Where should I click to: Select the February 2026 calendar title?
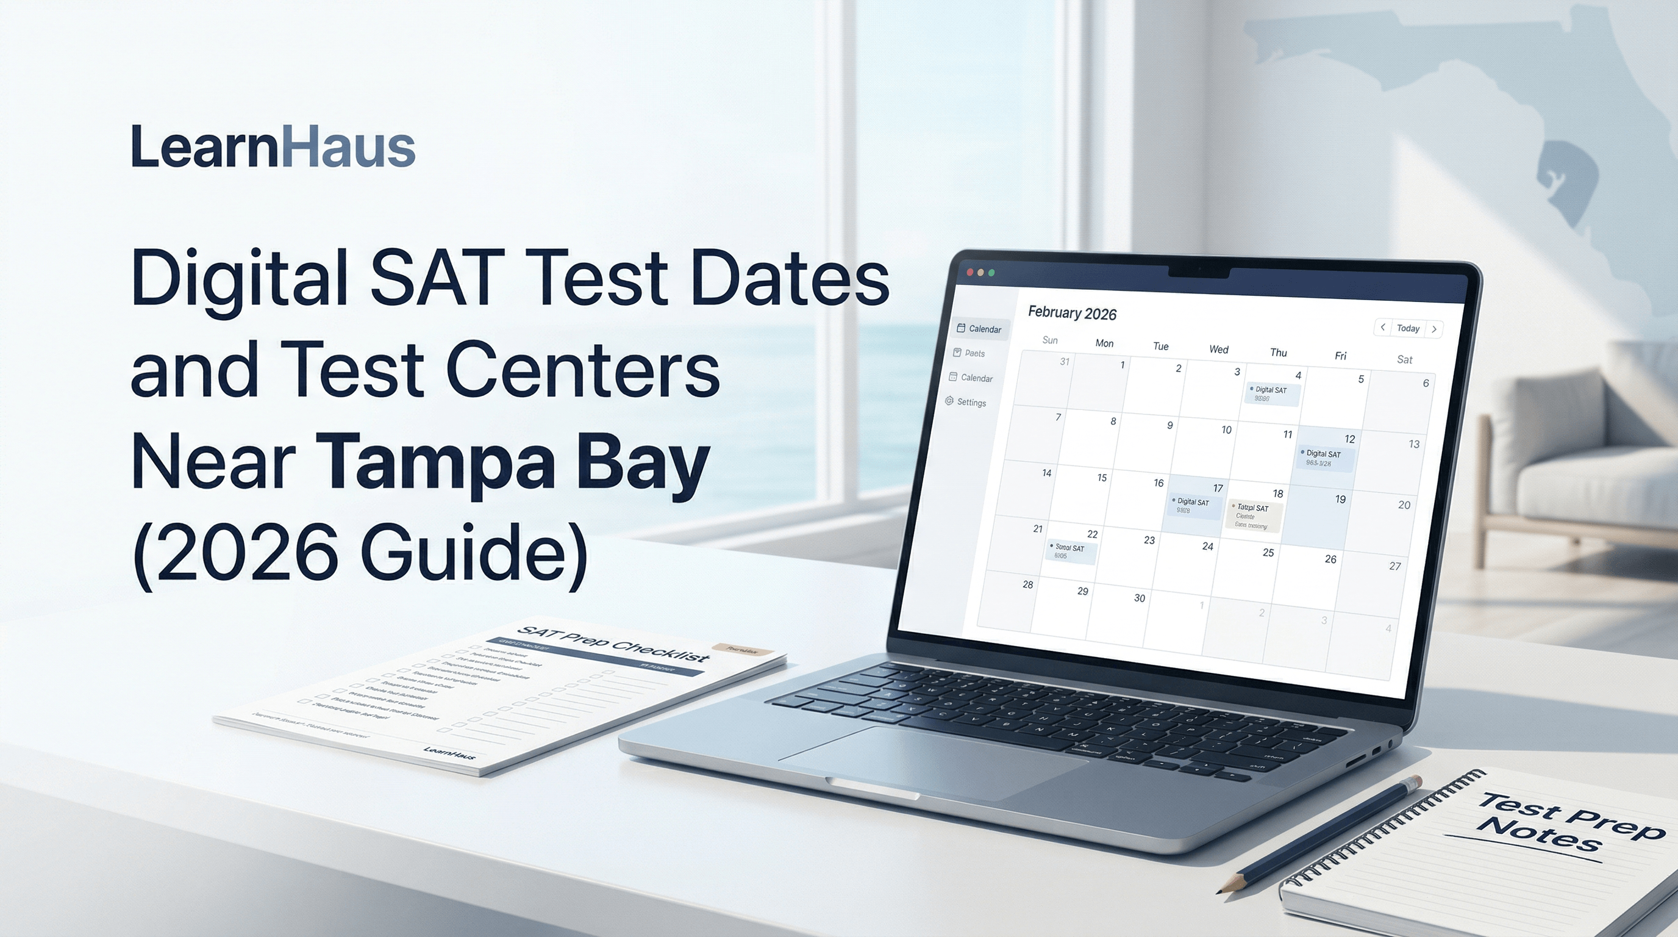click(x=1071, y=314)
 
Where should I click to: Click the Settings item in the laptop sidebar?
click(x=971, y=403)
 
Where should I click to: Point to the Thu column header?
click(x=1278, y=353)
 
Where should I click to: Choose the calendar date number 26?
click(x=1330, y=559)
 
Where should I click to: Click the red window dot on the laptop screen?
click(x=969, y=271)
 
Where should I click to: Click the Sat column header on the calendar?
click(x=1404, y=360)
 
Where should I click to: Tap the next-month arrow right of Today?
click(x=1433, y=329)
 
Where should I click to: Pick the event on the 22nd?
click(x=1071, y=552)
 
